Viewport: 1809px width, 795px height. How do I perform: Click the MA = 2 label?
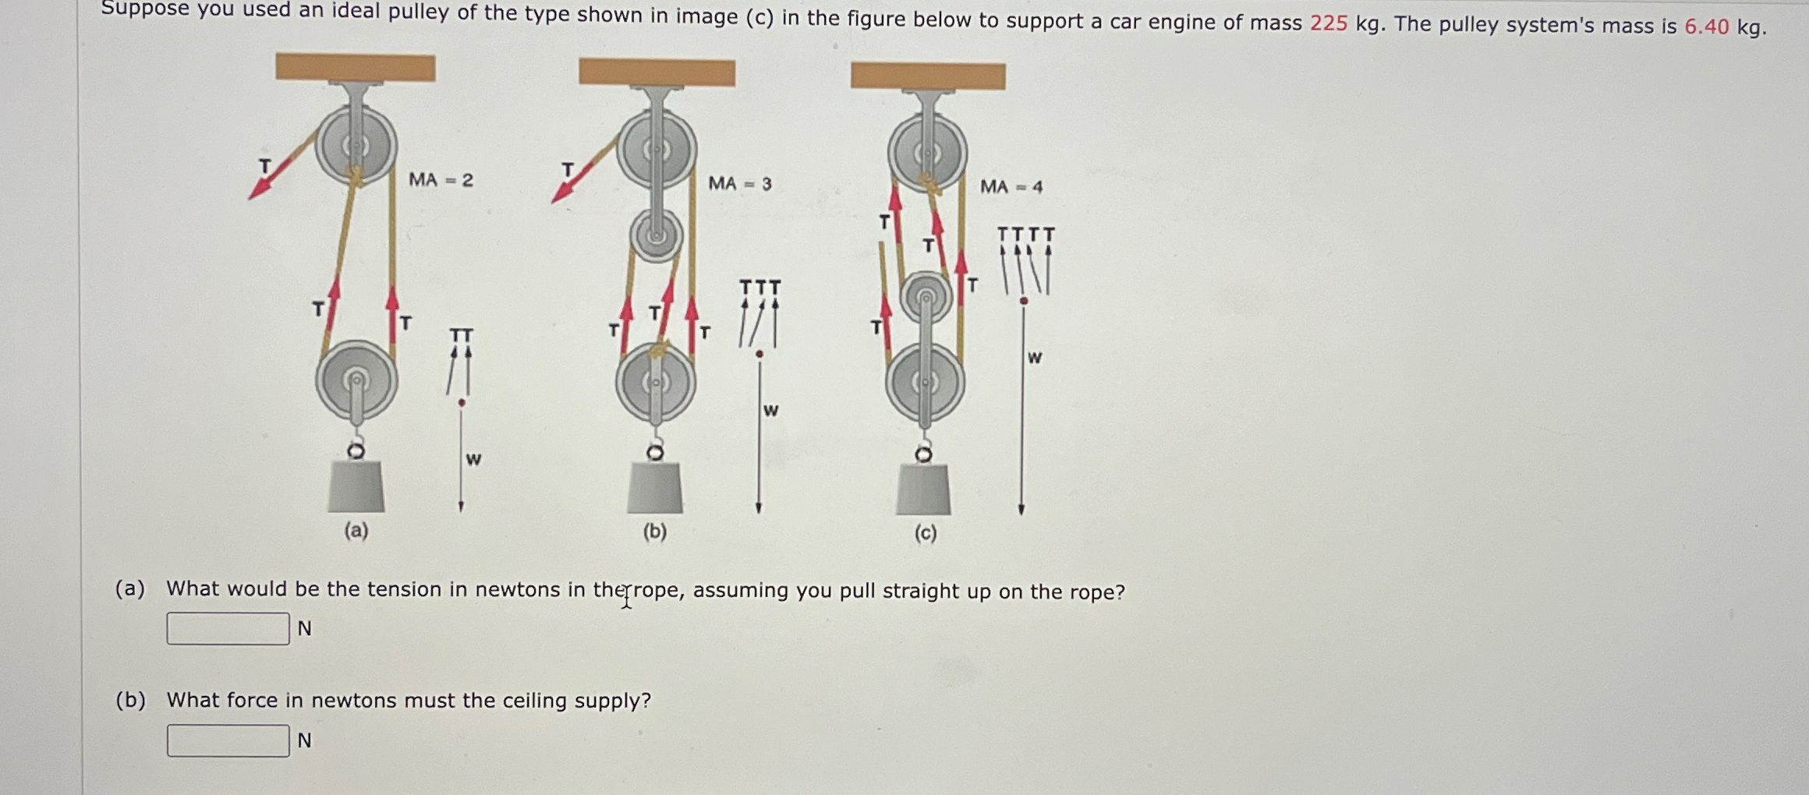(441, 180)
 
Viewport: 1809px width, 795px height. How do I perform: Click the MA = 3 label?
(739, 184)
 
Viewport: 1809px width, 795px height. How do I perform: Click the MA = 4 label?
(1011, 187)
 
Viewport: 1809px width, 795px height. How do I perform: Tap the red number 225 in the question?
(1329, 23)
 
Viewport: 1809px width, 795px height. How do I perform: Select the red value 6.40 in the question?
(1706, 26)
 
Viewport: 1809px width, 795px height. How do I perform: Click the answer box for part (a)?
(228, 628)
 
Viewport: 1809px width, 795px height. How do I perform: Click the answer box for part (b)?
(228, 740)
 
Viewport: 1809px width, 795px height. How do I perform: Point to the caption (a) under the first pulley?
(356, 531)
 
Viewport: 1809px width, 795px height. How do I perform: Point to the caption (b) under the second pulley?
(655, 532)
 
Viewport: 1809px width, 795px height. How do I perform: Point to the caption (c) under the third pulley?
(926, 533)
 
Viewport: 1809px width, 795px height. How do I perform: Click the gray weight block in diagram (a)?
(356, 486)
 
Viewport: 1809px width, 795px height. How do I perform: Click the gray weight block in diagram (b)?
(655, 489)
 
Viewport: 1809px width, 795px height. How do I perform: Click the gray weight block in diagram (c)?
(923, 490)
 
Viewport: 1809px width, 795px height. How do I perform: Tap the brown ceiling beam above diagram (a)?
(356, 67)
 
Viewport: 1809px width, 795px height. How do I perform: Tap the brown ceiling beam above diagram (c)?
(928, 76)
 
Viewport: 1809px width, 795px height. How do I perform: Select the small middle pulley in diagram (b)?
(656, 235)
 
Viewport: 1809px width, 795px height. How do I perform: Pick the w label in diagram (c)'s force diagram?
(1035, 358)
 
